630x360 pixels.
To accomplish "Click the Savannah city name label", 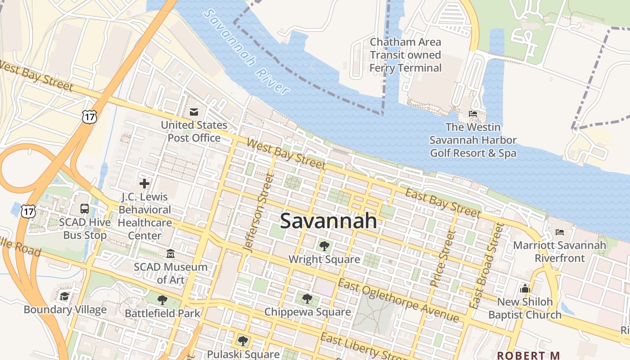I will [x=328, y=221].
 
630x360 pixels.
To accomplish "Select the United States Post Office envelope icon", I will [x=194, y=112].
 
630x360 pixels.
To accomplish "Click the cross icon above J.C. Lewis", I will [x=144, y=184].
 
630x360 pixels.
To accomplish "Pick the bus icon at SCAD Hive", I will [x=85, y=209].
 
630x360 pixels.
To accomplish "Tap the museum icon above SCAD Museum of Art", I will [x=171, y=254].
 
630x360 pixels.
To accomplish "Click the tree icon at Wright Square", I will [x=324, y=246].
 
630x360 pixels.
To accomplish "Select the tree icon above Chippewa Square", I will [x=307, y=298].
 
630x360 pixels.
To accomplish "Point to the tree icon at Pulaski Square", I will [x=243, y=341].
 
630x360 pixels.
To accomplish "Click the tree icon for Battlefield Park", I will [x=162, y=300].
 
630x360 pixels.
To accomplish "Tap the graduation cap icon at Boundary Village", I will [x=65, y=296].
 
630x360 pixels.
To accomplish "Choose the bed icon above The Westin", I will [x=473, y=114].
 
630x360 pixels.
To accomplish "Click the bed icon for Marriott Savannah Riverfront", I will [x=560, y=232].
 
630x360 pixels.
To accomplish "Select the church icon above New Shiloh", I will [x=525, y=288].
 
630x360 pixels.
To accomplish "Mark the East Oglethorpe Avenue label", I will [x=398, y=301].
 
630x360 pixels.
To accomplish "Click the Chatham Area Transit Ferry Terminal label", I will [x=405, y=55].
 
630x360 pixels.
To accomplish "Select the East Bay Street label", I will [x=443, y=203].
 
